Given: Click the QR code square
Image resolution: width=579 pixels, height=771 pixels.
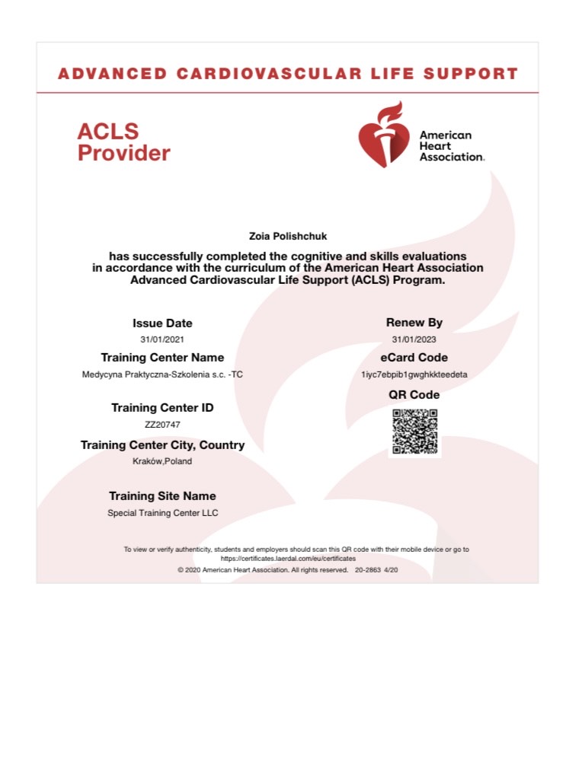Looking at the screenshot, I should tap(414, 432).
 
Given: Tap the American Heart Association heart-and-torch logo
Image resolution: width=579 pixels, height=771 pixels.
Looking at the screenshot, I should tap(383, 135).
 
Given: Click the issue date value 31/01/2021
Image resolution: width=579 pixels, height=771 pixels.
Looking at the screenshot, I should tap(162, 339).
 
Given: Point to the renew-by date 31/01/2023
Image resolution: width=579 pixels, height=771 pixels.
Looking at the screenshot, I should tap(414, 339).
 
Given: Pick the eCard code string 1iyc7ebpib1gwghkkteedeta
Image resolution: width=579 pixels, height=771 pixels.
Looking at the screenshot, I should tap(414, 374).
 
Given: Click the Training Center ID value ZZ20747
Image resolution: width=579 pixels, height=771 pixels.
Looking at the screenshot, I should tap(162, 425).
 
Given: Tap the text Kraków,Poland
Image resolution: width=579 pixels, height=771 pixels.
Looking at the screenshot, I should tap(162, 461).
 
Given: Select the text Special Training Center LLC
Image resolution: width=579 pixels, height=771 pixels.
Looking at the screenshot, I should tap(162, 513).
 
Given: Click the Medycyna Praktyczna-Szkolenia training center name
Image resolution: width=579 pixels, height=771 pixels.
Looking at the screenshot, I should tap(162, 374).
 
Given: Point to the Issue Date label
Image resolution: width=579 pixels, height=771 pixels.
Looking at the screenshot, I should tap(162, 323).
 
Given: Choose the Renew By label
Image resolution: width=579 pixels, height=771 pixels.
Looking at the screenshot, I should tap(414, 323).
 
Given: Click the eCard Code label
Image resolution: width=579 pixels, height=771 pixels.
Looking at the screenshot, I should tap(414, 358).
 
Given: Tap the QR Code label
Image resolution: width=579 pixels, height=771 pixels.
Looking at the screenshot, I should tap(414, 395).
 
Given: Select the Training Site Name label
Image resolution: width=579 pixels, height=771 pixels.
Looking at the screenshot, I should tap(162, 496).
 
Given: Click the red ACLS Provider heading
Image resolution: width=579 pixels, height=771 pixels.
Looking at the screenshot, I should tap(123, 142).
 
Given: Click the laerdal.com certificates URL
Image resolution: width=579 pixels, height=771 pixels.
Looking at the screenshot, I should tap(288, 558).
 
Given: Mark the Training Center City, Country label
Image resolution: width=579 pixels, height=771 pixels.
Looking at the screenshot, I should tap(162, 445).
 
